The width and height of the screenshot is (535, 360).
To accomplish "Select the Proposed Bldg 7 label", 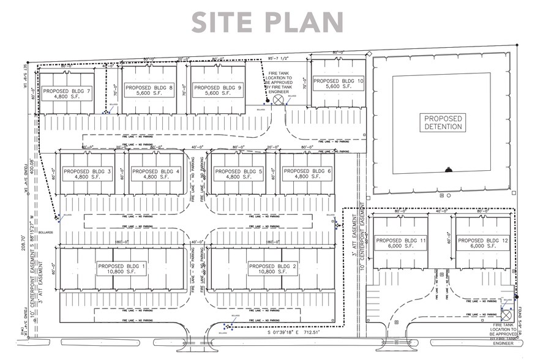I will click(x=67, y=94).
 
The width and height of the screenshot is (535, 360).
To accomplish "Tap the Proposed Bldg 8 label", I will click(x=149, y=91).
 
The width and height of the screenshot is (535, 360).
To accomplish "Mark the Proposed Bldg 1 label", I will click(x=122, y=269).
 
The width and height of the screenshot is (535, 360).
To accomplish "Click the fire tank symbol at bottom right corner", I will click(x=507, y=312).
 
